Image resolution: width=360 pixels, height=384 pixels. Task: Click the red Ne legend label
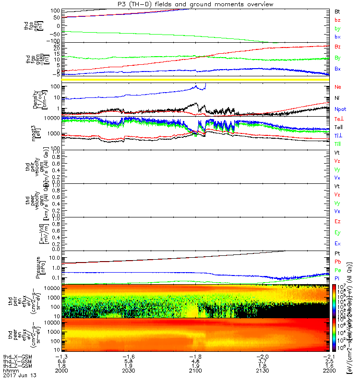coord(337,87)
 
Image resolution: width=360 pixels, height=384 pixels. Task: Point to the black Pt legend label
coord(337,253)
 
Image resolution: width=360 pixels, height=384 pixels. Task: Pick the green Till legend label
coord(338,144)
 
